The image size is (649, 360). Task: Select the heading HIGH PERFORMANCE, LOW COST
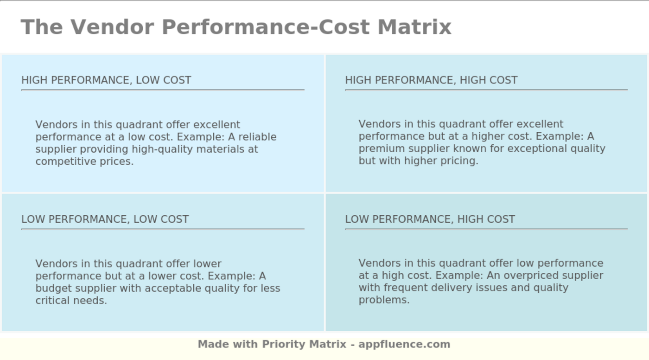(106, 80)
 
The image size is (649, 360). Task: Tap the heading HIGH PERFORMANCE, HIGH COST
(431, 80)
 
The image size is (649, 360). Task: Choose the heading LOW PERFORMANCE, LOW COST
(105, 219)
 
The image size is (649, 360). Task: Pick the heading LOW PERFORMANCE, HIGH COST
(430, 219)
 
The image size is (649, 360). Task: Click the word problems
(384, 300)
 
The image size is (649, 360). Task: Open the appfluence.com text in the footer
(404, 344)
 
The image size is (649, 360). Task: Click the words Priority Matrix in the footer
(304, 344)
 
